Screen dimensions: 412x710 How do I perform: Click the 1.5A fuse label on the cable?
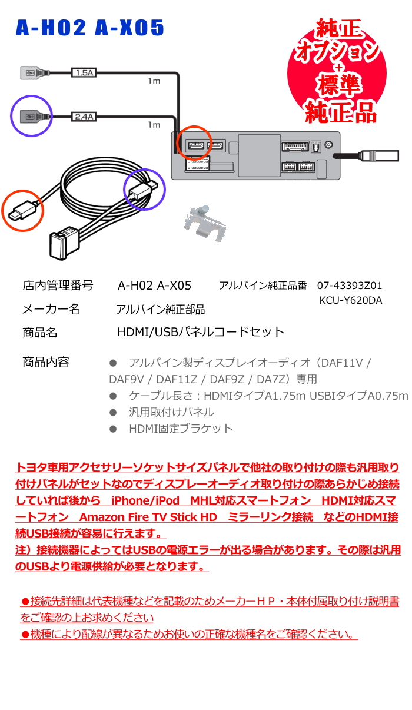pyautogui.click(x=84, y=72)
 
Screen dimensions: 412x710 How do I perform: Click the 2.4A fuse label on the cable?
pyautogui.click(x=84, y=117)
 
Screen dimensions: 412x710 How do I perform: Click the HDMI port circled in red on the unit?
pyautogui.click(x=197, y=146)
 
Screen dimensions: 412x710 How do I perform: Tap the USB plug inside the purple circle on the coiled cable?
pyautogui.click(x=143, y=190)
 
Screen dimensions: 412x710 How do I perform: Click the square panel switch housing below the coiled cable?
pyautogui.click(x=63, y=243)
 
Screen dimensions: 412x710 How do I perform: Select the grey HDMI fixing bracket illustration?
pyautogui.click(x=205, y=223)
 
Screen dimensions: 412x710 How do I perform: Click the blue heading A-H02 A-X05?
pyautogui.click(x=89, y=28)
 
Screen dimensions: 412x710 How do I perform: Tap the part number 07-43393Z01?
pyautogui.click(x=350, y=286)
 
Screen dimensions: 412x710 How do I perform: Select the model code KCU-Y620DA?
pyautogui.click(x=351, y=300)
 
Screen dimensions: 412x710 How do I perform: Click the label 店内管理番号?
pyautogui.click(x=58, y=286)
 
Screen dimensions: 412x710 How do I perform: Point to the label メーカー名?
pyautogui.click(x=51, y=309)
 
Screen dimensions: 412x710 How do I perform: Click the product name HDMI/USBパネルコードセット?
pyautogui.click(x=201, y=332)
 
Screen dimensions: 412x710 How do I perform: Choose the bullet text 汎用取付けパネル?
pyautogui.click(x=171, y=412)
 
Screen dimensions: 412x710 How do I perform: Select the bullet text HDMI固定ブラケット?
pyautogui.click(x=181, y=429)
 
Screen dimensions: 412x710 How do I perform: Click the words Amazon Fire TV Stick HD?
pyautogui.click(x=148, y=517)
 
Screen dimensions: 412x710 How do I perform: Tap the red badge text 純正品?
pyautogui.click(x=341, y=112)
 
